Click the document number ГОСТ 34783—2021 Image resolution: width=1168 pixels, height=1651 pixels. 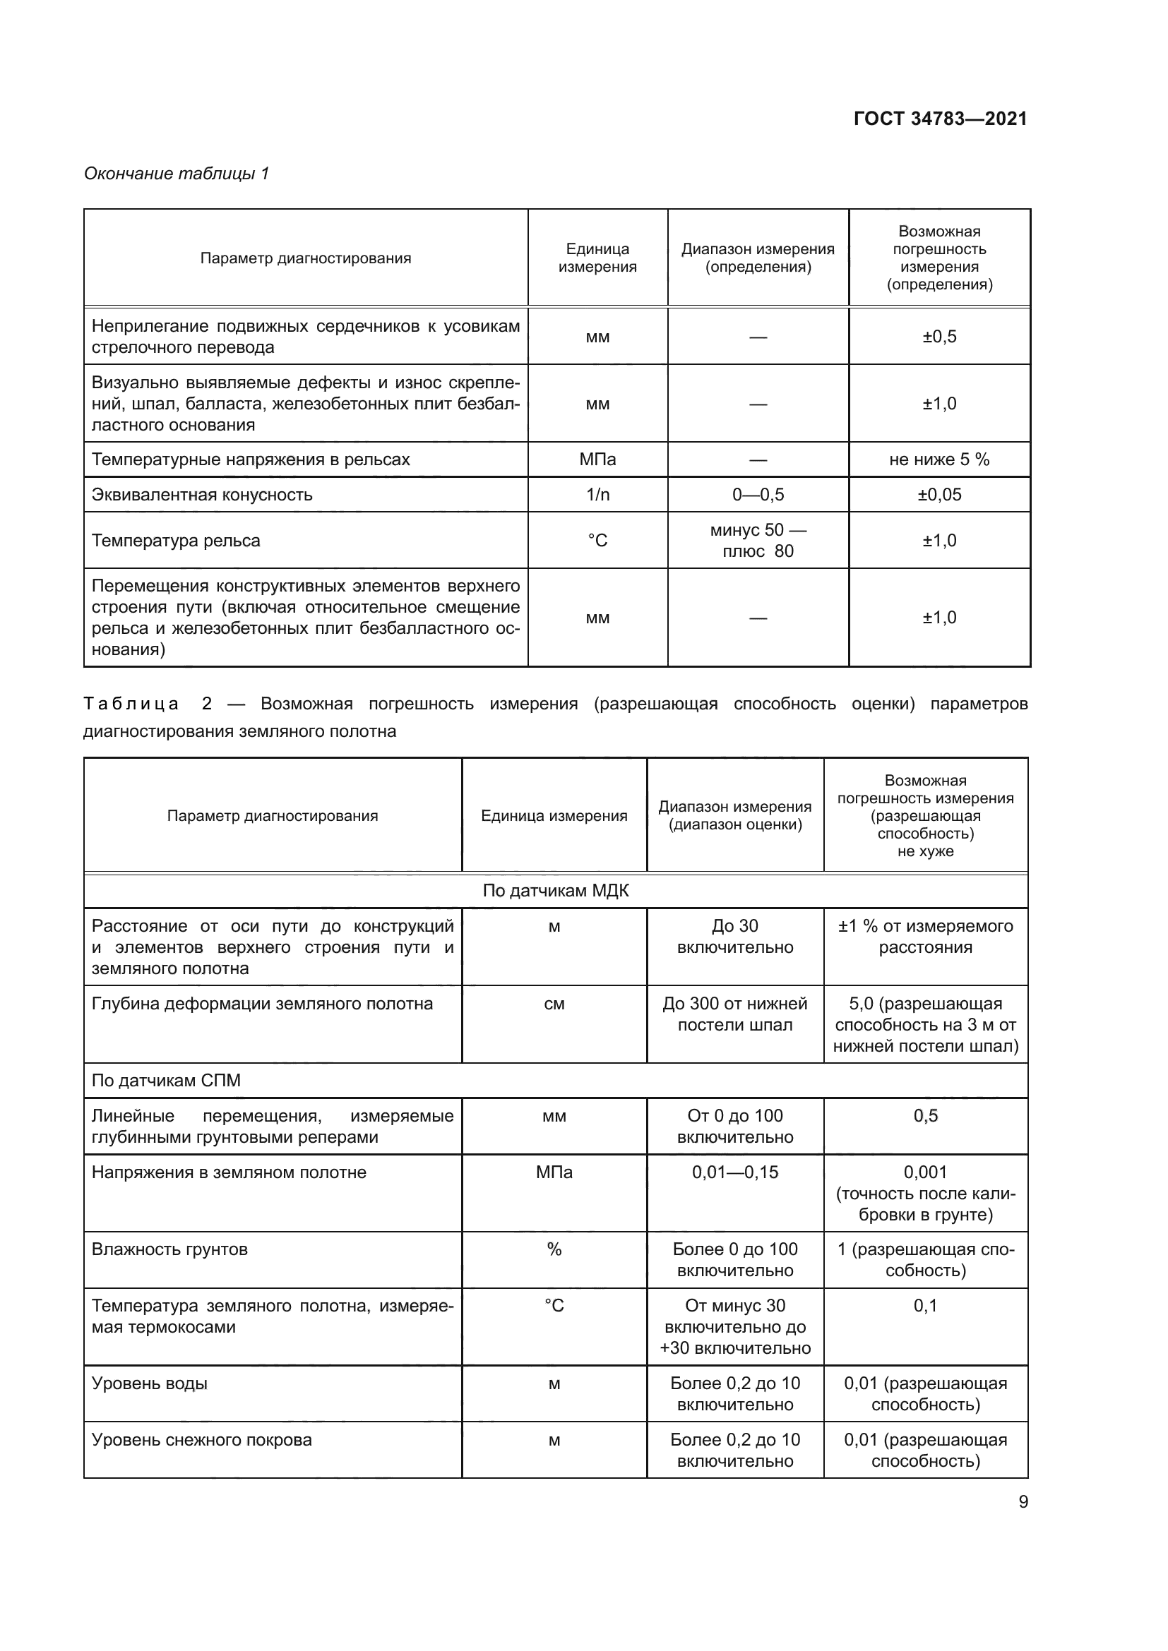click(939, 119)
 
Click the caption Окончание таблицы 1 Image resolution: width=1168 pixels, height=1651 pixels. click(177, 174)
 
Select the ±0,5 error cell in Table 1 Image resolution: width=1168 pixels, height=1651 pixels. click(938, 337)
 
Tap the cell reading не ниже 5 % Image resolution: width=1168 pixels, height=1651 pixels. click(938, 460)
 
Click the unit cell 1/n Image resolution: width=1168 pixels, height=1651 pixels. click(597, 495)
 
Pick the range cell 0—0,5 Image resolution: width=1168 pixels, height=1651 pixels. click(757, 495)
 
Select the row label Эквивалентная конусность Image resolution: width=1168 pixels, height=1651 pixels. click(202, 495)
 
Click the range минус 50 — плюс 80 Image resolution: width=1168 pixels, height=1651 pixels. click(757, 540)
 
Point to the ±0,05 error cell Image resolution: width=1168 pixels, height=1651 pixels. click(938, 495)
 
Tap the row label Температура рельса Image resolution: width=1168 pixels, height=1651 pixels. click(176, 541)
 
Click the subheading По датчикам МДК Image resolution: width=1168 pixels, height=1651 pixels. click(555, 891)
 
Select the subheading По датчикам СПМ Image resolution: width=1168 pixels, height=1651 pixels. click(166, 1081)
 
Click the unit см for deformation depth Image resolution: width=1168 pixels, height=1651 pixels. click(554, 1004)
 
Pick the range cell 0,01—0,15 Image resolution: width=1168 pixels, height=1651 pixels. click(735, 1172)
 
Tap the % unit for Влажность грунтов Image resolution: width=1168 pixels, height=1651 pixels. click(554, 1249)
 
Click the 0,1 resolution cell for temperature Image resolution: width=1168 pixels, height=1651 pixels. click(925, 1305)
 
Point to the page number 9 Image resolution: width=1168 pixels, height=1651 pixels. click(1023, 1501)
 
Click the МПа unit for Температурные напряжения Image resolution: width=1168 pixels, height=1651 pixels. click(597, 460)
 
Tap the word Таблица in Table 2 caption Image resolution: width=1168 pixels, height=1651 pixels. click(131, 703)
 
